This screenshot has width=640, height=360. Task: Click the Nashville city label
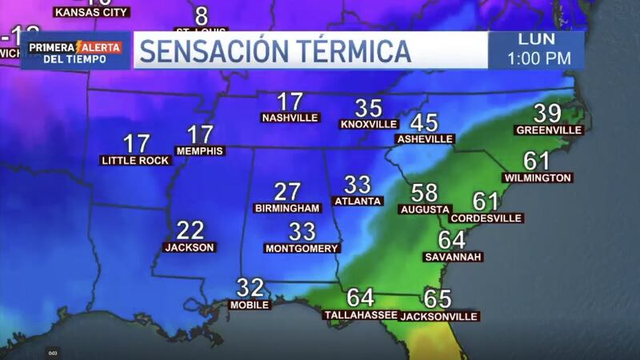pos(290,118)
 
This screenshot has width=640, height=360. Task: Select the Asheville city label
pos(424,138)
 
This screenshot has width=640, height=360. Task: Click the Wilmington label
pos(538,178)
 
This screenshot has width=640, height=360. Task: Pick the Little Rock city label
pos(136,160)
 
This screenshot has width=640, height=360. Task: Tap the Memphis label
pos(200,150)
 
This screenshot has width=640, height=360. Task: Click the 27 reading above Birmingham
pos(286,192)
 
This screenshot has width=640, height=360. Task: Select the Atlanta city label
pos(358,201)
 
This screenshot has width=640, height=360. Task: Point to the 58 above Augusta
pos(425,193)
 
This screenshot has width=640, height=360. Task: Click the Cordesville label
pos(486,218)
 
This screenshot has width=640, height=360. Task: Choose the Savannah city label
pos(453,257)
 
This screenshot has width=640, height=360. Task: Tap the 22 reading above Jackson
pos(190,231)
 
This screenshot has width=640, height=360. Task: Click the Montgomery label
pos(302,248)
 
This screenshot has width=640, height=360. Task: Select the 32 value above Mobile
pos(250,288)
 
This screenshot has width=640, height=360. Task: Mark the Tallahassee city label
pos(360,314)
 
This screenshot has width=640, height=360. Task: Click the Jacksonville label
pos(438,316)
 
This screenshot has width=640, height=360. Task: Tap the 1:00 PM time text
pos(536,58)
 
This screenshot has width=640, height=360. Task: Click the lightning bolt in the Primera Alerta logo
pos(80,47)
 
